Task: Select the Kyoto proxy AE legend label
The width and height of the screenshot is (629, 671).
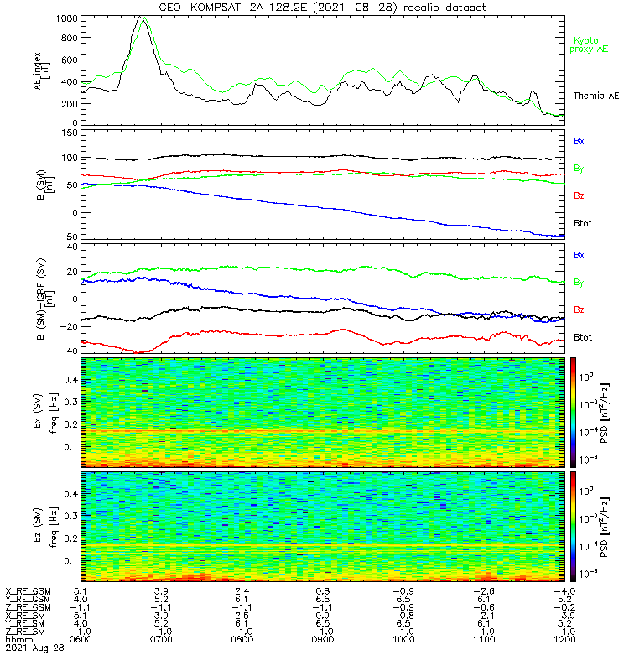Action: point(589,45)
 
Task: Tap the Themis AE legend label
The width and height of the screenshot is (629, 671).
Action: point(596,96)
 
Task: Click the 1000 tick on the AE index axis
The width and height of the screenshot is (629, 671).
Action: point(67,18)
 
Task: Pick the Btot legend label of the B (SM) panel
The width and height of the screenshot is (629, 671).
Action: point(583,223)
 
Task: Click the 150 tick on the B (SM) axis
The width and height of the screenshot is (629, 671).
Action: point(70,133)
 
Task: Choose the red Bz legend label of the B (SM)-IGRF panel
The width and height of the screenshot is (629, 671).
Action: point(579,309)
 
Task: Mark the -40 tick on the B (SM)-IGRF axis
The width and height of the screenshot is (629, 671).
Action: point(70,351)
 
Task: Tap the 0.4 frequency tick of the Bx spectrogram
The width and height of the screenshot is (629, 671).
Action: point(71,380)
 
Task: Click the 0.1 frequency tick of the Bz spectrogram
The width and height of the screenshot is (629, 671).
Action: point(71,561)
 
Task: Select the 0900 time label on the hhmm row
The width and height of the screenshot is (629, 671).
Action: point(323,639)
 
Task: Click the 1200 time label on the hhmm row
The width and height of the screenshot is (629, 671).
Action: point(564,639)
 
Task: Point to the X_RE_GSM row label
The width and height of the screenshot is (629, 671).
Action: point(28,591)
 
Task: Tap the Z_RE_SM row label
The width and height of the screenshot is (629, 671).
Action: point(25,632)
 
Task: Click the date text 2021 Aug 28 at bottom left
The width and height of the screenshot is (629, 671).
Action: point(34,648)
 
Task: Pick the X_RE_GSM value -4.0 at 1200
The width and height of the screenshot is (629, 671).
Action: point(564,591)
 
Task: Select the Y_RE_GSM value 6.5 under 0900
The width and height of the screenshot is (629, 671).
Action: point(323,599)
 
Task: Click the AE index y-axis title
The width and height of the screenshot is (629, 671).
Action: point(42,70)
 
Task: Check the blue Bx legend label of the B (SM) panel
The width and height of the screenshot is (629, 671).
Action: point(579,141)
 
